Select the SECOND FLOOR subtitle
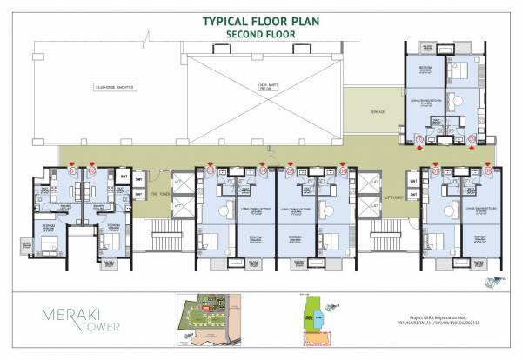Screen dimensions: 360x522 [x=262, y=34]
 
